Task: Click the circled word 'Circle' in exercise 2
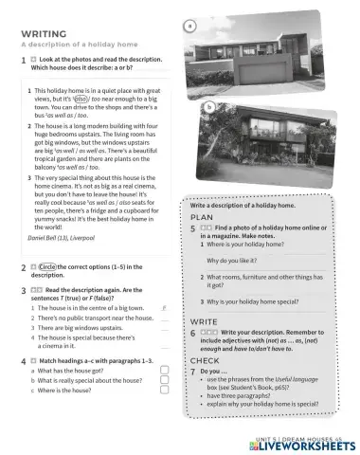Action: (x=53, y=267)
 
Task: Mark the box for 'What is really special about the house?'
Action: (x=164, y=379)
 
